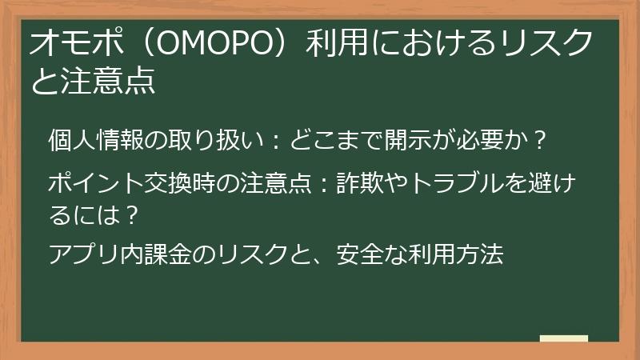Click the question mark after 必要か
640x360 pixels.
tap(540, 141)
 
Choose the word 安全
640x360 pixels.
tap(362, 256)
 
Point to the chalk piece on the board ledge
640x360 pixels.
tap(563, 338)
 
